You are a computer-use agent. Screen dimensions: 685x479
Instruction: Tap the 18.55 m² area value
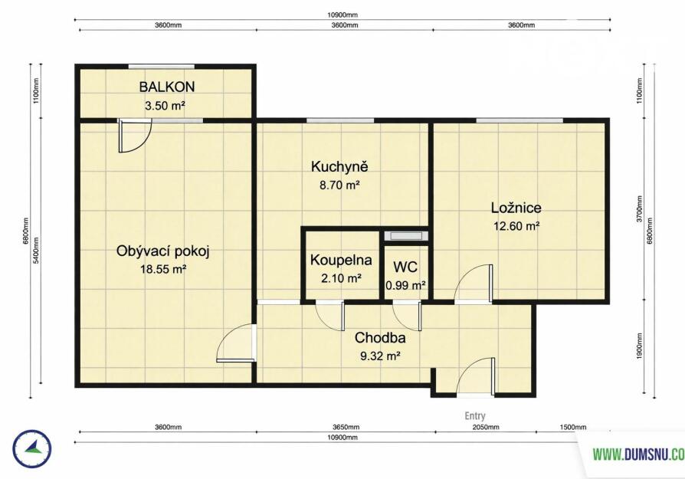click(163, 269)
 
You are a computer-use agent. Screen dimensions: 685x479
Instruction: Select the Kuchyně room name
click(339, 166)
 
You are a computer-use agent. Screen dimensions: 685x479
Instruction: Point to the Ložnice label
click(516, 208)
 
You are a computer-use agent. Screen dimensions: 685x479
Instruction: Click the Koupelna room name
click(341, 260)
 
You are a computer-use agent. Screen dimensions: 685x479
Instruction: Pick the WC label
click(405, 267)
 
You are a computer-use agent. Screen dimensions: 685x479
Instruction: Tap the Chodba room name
click(380, 338)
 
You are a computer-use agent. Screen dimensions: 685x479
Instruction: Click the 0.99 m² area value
click(406, 286)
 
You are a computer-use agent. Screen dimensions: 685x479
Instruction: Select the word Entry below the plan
click(475, 416)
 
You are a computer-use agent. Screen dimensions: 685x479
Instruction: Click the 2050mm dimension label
click(486, 427)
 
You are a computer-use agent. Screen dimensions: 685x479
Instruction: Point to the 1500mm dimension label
click(573, 427)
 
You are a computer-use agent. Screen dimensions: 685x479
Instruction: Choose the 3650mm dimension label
click(346, 427)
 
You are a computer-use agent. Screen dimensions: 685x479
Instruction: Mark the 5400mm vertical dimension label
click(36, 251)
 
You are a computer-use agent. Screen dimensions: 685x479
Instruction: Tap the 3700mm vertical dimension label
click(640, 209)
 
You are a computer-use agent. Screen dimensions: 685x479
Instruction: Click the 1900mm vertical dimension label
click(640, 346)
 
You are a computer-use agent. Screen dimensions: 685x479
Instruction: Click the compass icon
click(32, 449)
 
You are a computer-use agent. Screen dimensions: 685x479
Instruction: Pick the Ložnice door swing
click(473, 284)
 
